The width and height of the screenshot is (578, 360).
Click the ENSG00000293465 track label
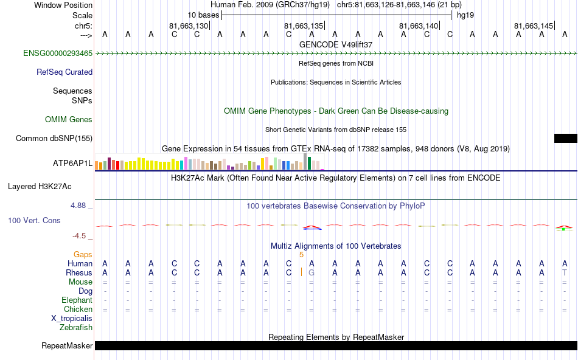point(58,54)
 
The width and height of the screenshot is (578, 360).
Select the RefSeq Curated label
point(64,72)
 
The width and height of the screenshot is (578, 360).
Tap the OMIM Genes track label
point(69,119)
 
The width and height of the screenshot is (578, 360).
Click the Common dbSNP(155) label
point(54,139)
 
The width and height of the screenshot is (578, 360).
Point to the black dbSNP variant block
point(565,139)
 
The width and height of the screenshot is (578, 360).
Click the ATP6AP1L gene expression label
point(72,164)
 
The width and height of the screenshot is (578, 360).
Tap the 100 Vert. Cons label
point(35,220)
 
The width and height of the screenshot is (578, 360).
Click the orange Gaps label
point(83,254)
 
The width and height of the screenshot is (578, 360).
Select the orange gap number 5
point(301,254)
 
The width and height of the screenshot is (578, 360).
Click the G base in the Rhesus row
point(312,273)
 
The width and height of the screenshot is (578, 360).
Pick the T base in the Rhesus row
point(565,273)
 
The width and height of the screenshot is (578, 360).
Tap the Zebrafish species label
point(76,328)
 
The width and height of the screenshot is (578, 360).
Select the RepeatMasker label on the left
point(67,346)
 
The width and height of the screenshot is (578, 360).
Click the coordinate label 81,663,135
point(304,26)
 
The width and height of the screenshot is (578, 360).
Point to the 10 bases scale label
point(203,15)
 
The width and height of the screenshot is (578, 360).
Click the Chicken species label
point(78,310)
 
